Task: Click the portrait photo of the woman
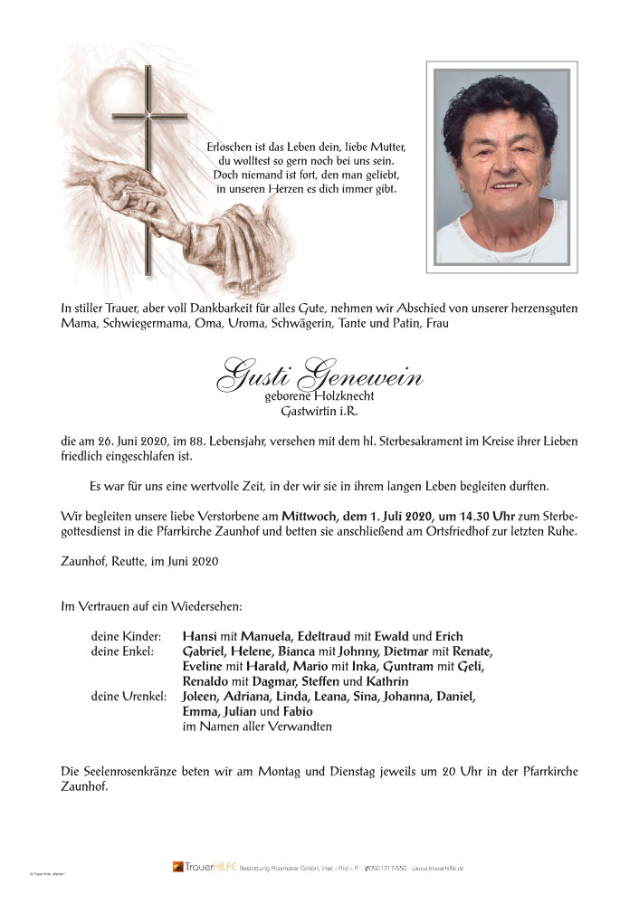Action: coord(501,166)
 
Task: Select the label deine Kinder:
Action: coord(125,636)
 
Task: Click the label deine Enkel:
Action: coord(122,651)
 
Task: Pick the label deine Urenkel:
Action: coord(128,697)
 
